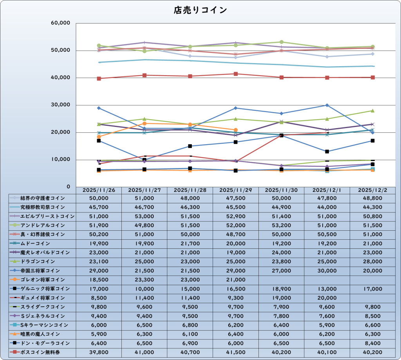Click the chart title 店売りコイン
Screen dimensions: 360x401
(x=200, y=10)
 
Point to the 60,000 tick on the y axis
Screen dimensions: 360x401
(x=60, y=23)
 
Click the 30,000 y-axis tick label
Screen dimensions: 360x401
(x=60, y=105)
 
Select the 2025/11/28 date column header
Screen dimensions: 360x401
(x=190, y=190)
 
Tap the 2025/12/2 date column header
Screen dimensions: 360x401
(x=373, y=190)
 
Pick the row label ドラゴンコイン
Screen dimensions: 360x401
(x=38, y=261)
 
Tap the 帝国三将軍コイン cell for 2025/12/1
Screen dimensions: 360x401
(x=327, y=271)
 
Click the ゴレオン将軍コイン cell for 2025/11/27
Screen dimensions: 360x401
(x=145, y=280)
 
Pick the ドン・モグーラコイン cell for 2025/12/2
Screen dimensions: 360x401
(x=373, y=343)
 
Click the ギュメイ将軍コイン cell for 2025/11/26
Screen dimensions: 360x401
(x=99, y=298)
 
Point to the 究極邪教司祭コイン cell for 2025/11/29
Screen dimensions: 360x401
(x=236, y=207)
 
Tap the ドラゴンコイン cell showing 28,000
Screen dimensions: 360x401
(x=373, y=261)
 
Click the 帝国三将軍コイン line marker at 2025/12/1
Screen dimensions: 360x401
(x=327, y=105)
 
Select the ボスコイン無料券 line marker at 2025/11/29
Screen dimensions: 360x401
(x=236, y=74)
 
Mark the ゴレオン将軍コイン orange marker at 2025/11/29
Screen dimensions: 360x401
(x=236, y=130)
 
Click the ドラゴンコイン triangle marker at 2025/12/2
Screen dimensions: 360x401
(x=373, y=110)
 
